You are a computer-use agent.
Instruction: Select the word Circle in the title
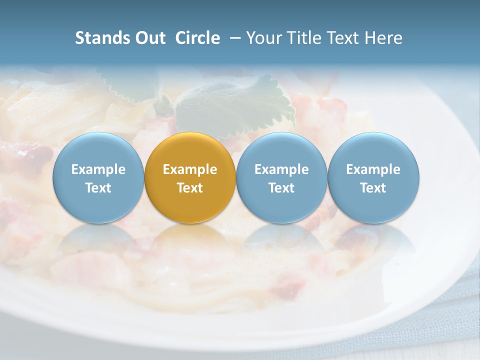click(197, 38)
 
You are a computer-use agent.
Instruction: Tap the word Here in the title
click(383, 38)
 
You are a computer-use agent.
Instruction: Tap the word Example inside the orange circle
click(190, 169)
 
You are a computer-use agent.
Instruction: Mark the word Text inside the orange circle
click(190, 188)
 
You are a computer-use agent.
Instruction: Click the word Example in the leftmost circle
click(98, 169)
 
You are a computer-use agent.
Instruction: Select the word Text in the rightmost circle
click(373, 188)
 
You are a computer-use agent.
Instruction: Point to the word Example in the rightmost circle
click(373, 169)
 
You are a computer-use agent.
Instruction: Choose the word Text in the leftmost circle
click(98, 188)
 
